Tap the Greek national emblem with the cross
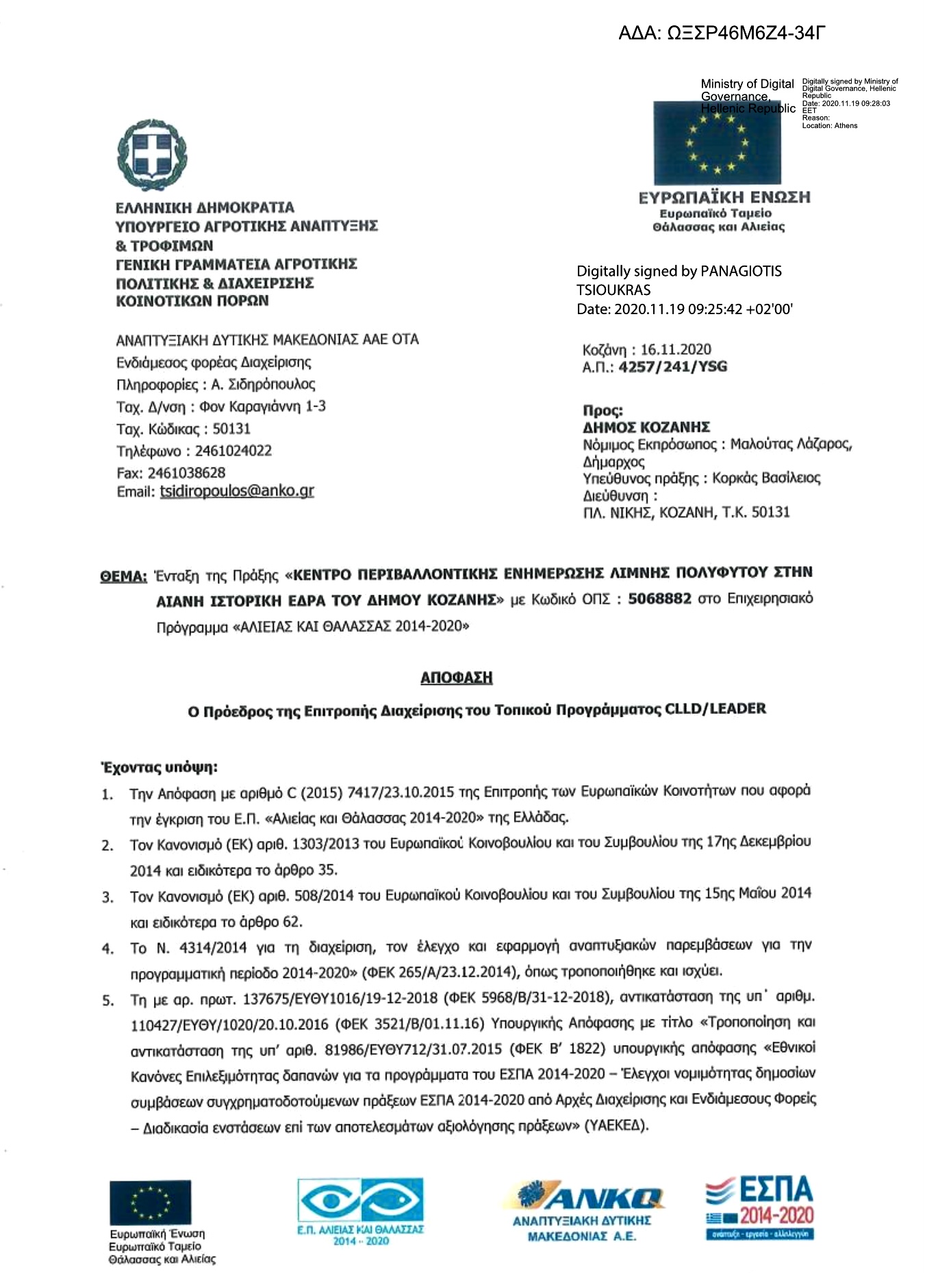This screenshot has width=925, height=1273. [x=152, y=155]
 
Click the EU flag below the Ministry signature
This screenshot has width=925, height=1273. [x=717, y=143]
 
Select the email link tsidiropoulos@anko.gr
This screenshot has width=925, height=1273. [x=237, y=491]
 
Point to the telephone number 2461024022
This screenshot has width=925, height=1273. [x=233, y=451]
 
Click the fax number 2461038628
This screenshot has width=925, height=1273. [x=186, y=473]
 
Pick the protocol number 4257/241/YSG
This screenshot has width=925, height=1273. [x=672, y=367]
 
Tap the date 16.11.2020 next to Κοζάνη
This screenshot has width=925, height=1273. [x=676, y=350]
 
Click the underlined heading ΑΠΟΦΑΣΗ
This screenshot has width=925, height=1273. [x=456, y=678]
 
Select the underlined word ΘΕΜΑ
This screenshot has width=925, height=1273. [x=123, y=576]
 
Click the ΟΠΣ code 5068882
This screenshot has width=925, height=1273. [x=659, y=599]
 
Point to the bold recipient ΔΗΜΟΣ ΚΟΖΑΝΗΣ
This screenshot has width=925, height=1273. [x=646, y=428]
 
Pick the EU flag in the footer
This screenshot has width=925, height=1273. [x=151, y=1202]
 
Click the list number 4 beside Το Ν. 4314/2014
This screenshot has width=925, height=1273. [x=107, y=949]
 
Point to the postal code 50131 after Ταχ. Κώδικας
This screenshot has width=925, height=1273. [x=231, y=429]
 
